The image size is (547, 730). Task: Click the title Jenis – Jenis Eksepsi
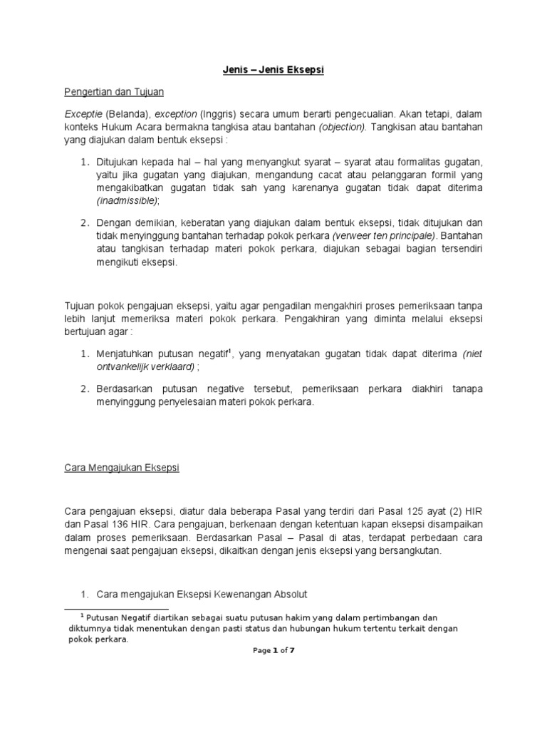(274, 70)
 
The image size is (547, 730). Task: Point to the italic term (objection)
(344, 126)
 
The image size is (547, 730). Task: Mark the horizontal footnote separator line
(116, 610)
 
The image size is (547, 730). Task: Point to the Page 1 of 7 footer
(273, 650)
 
